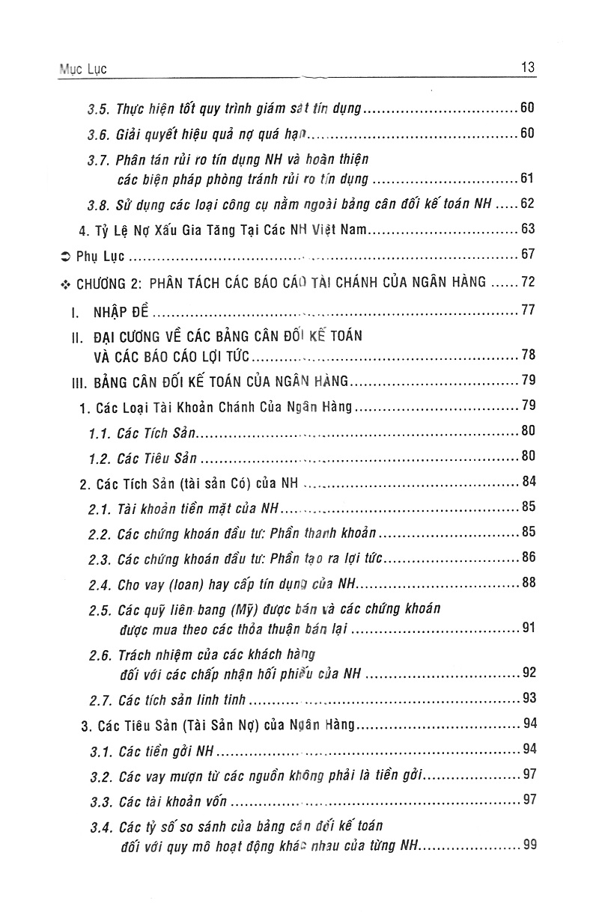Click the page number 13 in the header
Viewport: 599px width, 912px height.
point(526,68)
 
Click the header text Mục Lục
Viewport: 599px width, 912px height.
point(83,69)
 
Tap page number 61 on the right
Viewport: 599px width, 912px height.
point(527,178)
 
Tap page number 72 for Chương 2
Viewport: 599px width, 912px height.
point(527,282)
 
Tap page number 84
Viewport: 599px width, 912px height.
point(528,483)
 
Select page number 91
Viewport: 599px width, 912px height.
point(528,627)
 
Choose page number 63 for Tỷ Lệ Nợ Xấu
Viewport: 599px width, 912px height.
point(527,229)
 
